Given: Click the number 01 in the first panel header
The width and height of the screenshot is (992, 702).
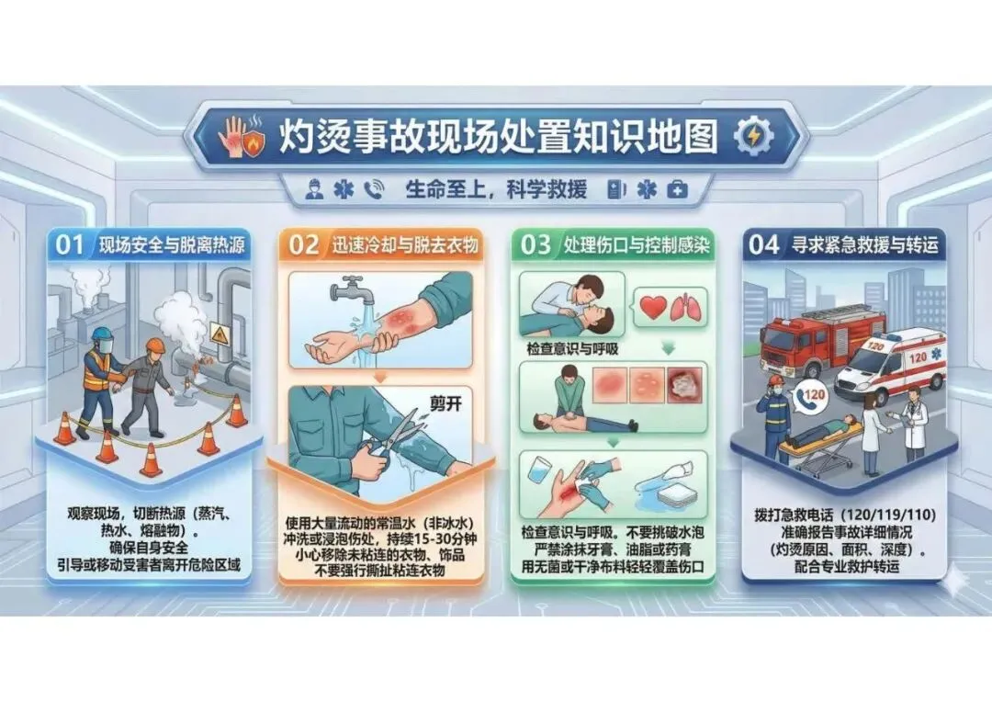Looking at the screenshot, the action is click(69, 245).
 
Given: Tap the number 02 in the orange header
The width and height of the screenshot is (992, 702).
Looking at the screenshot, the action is click(303, 245).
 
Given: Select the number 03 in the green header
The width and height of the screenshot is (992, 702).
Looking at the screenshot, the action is click(535, 245).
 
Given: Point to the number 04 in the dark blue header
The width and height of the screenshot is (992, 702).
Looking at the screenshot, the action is click(763, 245).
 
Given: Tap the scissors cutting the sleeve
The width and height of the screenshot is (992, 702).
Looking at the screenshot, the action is click(392, 436).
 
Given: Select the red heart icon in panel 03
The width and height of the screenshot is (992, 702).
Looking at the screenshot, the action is click(654, 307).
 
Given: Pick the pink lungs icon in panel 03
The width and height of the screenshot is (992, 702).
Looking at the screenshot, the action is click(686, 307).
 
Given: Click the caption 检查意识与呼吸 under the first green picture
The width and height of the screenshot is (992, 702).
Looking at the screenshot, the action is click(572, 349).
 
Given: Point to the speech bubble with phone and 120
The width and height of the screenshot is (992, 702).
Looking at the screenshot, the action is click(811, 396).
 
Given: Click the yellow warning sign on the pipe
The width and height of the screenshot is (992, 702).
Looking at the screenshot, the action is click(220, 333).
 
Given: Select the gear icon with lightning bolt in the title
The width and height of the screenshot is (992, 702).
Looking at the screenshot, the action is click(754, 135).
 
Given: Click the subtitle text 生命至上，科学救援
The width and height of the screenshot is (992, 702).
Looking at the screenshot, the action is click(496, 189).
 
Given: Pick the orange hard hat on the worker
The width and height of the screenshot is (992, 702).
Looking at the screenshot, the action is click(155, 345).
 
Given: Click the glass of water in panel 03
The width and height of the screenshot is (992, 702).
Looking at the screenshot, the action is click(539, 472).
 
